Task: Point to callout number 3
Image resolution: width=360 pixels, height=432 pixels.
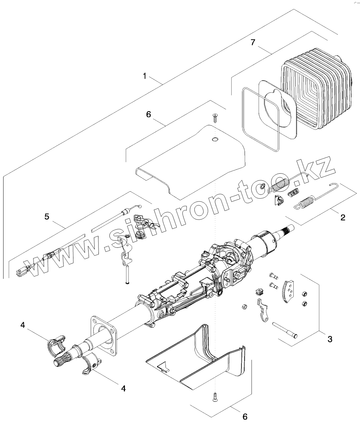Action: pos(330,339)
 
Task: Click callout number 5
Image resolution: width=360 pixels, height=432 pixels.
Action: pos(47,216)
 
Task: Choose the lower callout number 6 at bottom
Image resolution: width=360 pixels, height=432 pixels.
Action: pos(245,416)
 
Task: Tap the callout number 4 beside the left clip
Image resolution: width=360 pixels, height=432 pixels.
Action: pos(23,325)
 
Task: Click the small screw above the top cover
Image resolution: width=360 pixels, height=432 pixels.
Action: pos(214,118)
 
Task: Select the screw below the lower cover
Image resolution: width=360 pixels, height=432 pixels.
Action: pos(214,398)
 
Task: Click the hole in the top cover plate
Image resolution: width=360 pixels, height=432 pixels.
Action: pos(215,140)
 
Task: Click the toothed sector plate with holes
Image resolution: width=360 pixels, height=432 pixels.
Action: pos(288,291)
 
